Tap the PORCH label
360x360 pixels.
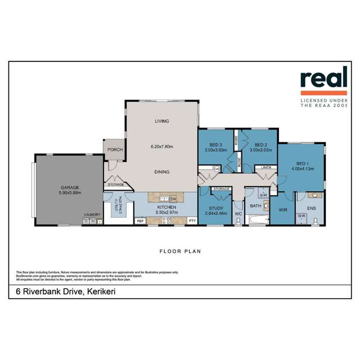coord(115,149)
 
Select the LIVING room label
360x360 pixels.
coord(162,121)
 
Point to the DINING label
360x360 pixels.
coord(162,173)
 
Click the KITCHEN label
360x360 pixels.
coord(166,208)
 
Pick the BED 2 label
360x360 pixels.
coord(255,145)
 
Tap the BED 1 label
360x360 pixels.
coord(301,162)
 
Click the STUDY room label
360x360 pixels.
coord(216,208)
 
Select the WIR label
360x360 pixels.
coord(283,210)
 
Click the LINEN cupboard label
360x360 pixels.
coord(265,168)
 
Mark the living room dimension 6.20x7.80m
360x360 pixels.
coord(162,147)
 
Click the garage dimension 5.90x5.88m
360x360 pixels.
coord(70,193)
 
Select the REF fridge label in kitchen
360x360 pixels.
coord(141,220)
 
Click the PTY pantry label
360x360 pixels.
coord(192,220)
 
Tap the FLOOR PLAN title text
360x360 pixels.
coord(181,251)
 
